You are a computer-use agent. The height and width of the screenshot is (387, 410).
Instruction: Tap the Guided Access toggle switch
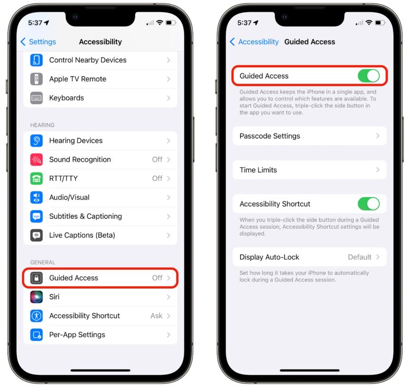[x=368, y=76]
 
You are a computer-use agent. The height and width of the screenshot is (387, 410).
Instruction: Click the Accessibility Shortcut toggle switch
[x=368, y=204]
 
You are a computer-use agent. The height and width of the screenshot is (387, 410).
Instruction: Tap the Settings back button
[x=38, y=42]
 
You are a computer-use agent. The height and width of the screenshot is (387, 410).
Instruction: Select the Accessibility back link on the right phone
[x=254, y=42]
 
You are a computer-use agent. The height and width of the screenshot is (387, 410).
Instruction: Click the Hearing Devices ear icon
[x=36, y=140]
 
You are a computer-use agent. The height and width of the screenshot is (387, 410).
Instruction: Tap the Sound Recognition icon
[x=36, y=159]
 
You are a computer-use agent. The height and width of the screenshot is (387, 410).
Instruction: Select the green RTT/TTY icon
[x=36, y=178]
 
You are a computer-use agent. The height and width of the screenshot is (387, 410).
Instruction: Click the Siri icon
[x=36, y=297]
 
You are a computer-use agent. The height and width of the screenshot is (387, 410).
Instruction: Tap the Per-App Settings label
[x=77, y=334]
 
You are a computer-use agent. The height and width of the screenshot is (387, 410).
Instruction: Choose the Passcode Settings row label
[x=270, y=136]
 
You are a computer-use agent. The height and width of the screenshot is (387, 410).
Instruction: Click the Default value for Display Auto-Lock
[x=360, y=257]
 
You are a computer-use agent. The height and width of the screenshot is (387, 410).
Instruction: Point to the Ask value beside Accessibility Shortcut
[x=156, y=315]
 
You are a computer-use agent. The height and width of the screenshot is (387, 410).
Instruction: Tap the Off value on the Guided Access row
[x=157, y=278]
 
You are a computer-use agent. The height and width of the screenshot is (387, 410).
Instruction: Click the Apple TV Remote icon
[x=36, y=79]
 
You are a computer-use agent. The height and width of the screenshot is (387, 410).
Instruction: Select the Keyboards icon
[x=36, y=98]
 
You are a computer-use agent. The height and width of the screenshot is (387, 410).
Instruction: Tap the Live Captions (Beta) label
[x=82, y=235]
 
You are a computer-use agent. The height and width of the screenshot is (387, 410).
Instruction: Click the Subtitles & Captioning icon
[x=36, y=216]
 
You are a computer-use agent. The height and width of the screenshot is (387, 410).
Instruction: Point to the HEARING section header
[x=43, y=125]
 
